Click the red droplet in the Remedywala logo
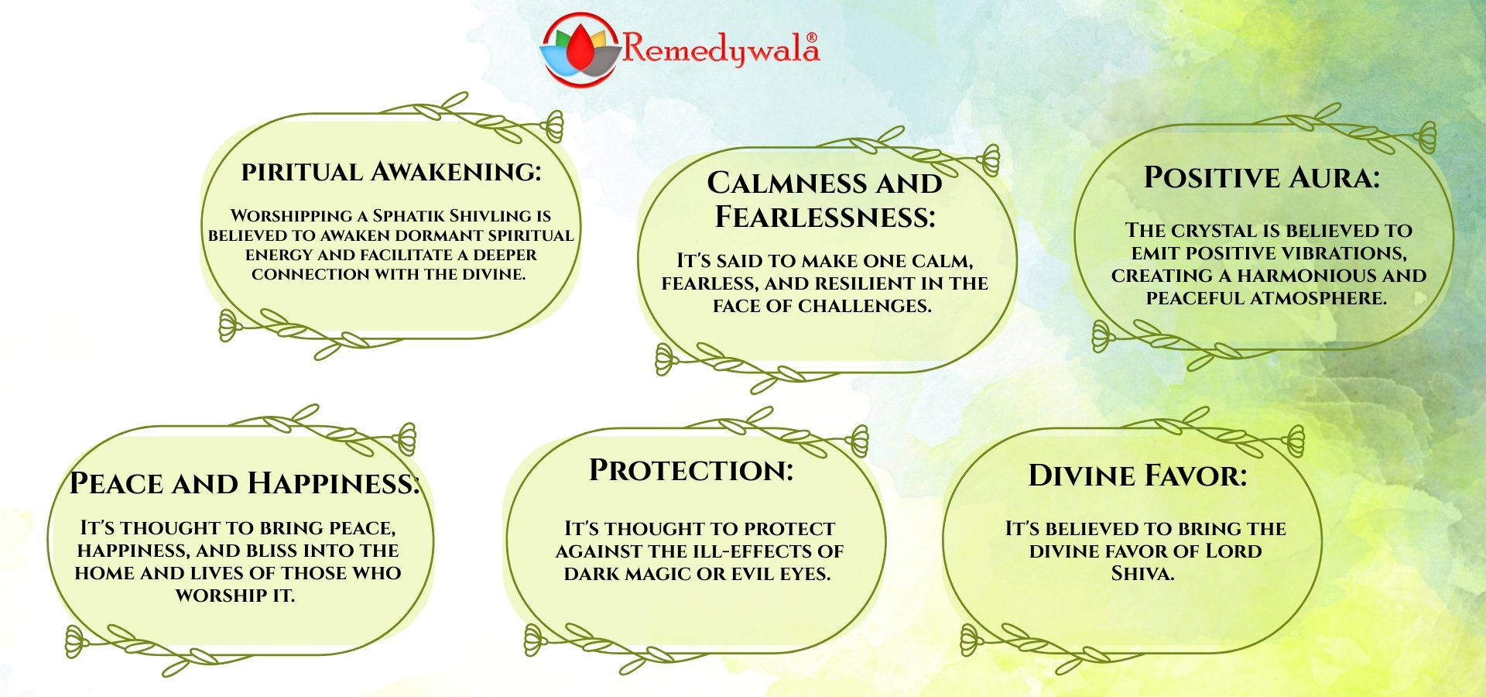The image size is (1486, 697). click(580, 48)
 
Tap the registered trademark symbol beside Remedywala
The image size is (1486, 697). click(812, 37)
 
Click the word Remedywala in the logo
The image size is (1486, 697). click(721, 49)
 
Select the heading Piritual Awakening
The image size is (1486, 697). click(391, 171)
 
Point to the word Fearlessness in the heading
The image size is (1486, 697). click(825, 217)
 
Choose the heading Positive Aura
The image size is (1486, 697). click(1262, 177)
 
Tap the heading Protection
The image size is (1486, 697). click(691, 470)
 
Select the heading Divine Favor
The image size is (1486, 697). click(1138, 476)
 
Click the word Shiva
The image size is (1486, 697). click(1143, 574)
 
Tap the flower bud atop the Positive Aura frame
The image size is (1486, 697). click(1426, 138)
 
